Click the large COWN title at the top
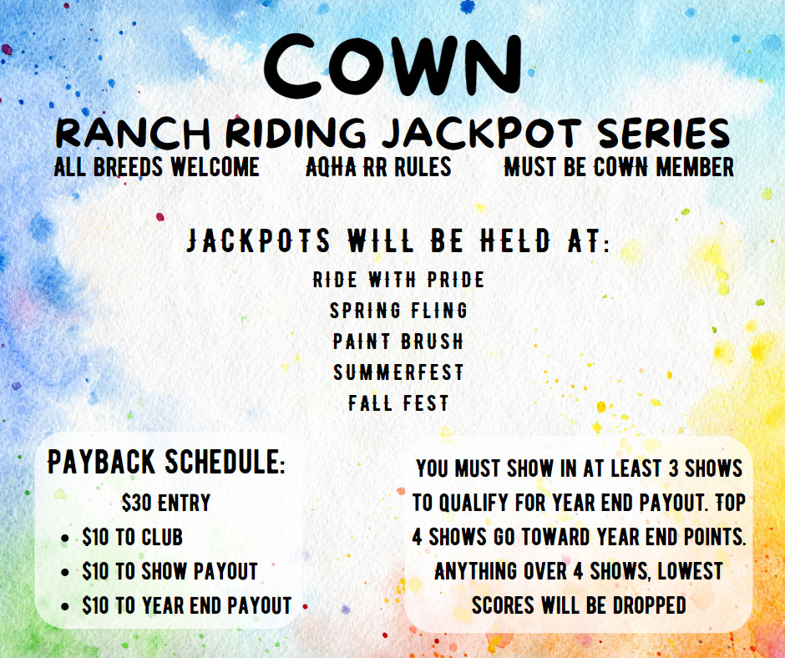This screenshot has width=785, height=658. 393,65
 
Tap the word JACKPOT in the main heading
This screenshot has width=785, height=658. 482,134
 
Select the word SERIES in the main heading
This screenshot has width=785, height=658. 664,134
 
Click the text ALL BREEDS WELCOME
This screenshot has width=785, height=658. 157,167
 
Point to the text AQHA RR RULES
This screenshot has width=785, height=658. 378,167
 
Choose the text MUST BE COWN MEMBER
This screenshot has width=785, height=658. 619,167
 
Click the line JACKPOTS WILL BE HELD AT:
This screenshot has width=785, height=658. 398,240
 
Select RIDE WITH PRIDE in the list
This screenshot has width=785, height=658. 398,280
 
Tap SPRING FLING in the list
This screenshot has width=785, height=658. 398,311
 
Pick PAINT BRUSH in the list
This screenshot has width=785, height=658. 398,342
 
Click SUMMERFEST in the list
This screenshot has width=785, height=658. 398,372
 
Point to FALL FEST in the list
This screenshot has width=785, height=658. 398,403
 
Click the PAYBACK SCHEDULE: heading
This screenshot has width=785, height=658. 166,461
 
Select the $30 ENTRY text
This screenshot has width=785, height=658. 166,503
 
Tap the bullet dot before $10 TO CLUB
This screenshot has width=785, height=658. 64,539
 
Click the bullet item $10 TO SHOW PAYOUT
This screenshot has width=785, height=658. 170,571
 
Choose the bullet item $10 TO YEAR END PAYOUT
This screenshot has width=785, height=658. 187,605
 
